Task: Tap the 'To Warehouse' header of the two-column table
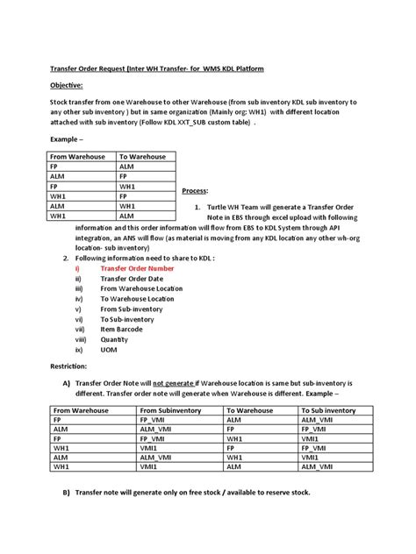(x=145, y=157)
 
